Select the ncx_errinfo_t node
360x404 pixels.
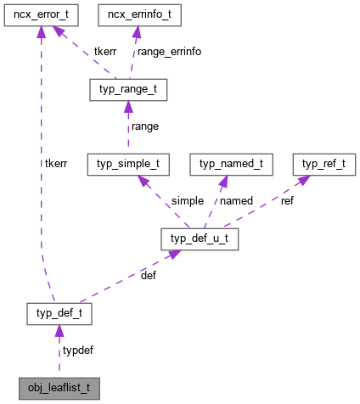[138, 15]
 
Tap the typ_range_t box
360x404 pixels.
[127, 91]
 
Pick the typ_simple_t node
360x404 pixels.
[128, 165]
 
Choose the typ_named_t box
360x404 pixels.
[231, 165]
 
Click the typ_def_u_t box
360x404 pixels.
[200, 239]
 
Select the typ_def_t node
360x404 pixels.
[59, 315]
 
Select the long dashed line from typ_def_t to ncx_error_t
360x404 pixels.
[39, 170]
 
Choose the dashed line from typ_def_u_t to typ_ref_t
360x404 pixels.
[263, 200]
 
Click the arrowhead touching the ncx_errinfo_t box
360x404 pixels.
[136, 33]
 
